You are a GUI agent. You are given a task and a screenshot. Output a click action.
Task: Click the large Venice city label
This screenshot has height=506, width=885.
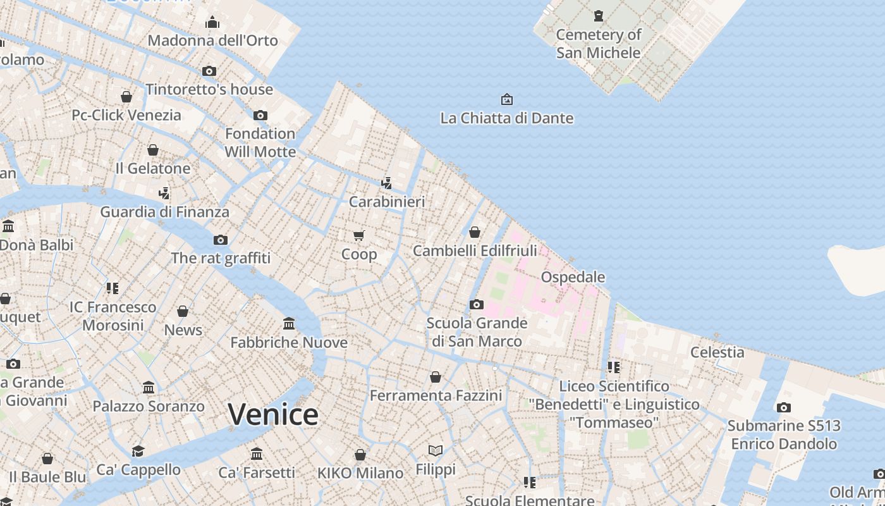click(273, 415)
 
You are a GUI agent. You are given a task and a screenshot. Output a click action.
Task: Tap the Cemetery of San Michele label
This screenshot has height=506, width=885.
click(598, 44)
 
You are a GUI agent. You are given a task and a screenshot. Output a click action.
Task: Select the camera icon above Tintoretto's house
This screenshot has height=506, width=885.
click(209, 71)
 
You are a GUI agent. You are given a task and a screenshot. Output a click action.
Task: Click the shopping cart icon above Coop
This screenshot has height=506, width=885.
click(359, 236)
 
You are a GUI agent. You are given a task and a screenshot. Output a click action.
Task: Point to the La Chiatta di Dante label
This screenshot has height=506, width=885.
click(506, 118)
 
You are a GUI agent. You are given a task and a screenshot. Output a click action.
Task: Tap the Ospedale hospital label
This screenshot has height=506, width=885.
click(573, 277)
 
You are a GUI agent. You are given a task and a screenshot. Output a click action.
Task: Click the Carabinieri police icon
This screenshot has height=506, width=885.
click(386, 183)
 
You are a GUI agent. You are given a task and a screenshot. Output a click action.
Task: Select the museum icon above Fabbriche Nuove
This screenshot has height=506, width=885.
click(289, 324)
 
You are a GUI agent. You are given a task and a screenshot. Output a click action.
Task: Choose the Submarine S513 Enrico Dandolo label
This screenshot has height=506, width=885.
click(784, 435)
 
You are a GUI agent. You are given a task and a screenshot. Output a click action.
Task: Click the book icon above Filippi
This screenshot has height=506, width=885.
click(436, 450)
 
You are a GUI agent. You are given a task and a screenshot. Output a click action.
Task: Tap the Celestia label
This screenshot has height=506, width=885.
click(717, 352)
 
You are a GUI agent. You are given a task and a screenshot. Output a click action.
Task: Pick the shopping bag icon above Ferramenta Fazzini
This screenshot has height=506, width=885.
click(436, 377)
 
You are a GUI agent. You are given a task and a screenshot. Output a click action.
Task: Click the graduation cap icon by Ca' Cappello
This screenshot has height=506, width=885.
click(138, 451)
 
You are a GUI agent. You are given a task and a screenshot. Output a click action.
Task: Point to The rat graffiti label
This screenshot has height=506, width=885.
click(221, 258)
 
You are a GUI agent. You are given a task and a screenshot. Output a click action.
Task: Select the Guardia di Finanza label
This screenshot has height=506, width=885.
click(164, 212)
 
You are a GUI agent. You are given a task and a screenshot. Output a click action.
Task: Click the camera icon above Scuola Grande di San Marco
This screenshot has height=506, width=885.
click(477, 305)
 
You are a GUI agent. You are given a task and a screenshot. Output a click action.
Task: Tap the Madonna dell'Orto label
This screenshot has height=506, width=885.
click(212, 40)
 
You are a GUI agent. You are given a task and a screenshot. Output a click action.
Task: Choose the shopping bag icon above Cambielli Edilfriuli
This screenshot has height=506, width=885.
click(475, 232)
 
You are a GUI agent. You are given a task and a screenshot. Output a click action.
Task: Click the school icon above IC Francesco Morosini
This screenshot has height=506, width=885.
click(113, 288)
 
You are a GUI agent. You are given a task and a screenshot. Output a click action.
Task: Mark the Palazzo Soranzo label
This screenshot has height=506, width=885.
click(149, 406)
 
